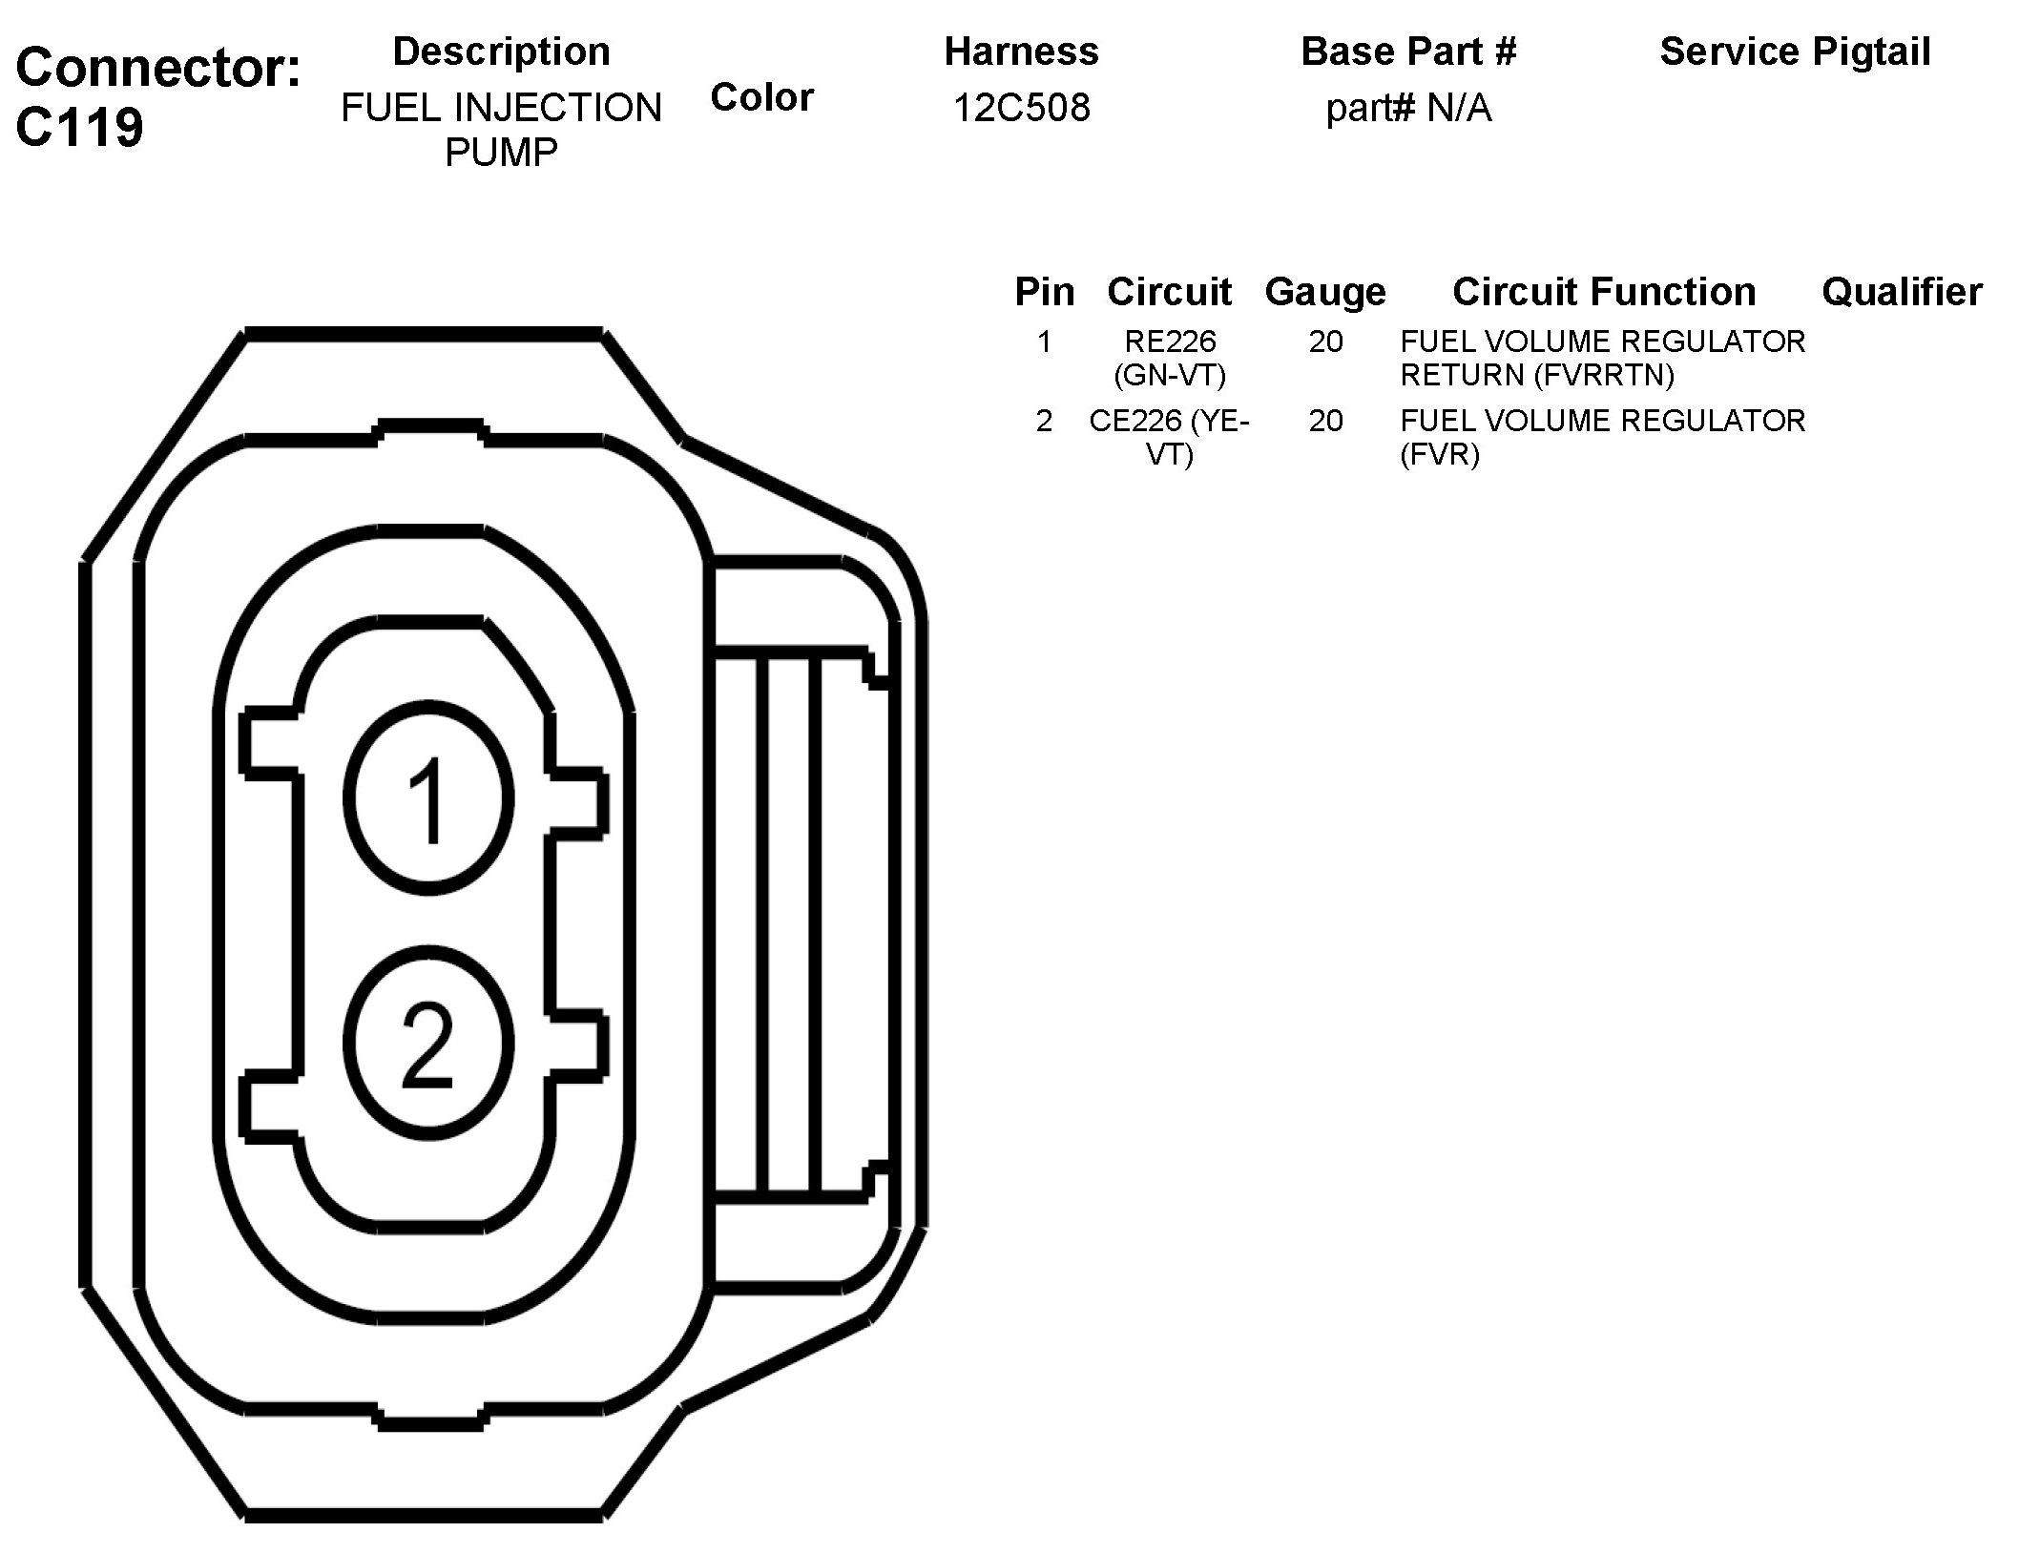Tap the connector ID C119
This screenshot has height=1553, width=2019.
pos(80,126)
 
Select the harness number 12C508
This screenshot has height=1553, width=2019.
pos(1021,108)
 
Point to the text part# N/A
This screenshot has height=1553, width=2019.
pos(1408,108)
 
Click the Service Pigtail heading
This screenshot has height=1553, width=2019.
pos(1795,52)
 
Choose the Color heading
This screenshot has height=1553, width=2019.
pos(761,97)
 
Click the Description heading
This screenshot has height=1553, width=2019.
pos(502,52)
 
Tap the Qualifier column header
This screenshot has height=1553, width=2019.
pos(1902,292)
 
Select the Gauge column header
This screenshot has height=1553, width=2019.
pos(1325,292)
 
